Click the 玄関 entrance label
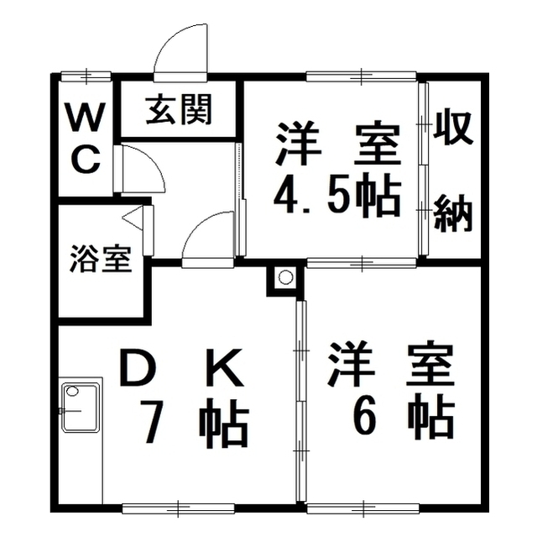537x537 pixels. pos(178,109)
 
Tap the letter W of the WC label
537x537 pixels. pos(85,118)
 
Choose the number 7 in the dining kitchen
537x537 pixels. pos(150,424)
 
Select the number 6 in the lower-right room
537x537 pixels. pos(364,416)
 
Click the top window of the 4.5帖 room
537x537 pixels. pos(361,76)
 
